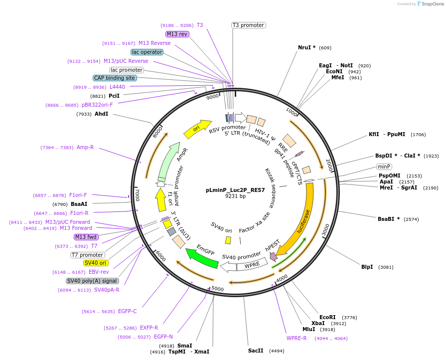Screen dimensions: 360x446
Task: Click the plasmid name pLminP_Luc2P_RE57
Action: (x=235, y=190)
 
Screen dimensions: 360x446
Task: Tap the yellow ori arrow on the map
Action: (x=197, y=129)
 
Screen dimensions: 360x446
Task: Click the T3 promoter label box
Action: (x=248, y=25)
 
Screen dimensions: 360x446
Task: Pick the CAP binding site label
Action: (x=114, y=78)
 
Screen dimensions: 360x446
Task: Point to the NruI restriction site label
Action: (x=306, y=47)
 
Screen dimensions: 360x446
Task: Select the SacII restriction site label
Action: (x=256, y=351)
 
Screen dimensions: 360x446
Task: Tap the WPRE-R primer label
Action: (x=297, y=338)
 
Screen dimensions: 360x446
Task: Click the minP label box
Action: (x=384, y=167)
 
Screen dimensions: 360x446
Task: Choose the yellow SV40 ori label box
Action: (x=96, y=263)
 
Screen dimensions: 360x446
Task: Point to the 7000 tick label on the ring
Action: (x=138, y=194)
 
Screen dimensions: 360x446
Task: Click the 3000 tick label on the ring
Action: (x=325, y=229)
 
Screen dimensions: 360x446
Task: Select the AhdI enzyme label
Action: (x=101, y=114)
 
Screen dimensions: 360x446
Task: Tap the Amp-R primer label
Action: (x=85, y=147)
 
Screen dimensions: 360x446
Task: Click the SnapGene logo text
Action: (x=432, y=4)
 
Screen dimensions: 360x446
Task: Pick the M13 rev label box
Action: (x=177, y=34)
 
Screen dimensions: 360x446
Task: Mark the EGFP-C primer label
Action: (x=127, y=311)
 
